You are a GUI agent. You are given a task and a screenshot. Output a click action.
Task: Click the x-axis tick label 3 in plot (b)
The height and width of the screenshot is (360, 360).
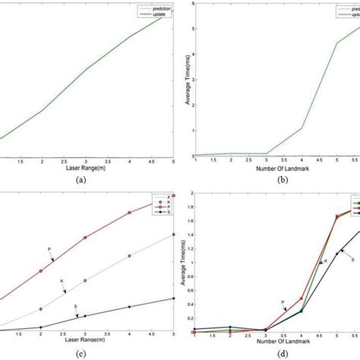click(x=264, y=161)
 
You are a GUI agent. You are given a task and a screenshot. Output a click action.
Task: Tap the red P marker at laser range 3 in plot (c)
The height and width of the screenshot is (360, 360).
click(x=86, y=238)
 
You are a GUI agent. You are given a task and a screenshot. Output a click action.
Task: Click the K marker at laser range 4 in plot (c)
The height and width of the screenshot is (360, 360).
click(x=130, y=256)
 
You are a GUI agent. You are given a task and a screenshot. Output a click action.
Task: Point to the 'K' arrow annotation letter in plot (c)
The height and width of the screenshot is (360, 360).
click(x=62, y=282)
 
